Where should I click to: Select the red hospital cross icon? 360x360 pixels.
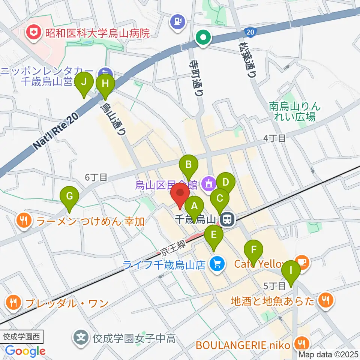tap(34, 33)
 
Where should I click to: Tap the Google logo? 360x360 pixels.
tap(25, 351)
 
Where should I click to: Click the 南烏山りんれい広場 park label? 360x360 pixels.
tap(295, 111)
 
